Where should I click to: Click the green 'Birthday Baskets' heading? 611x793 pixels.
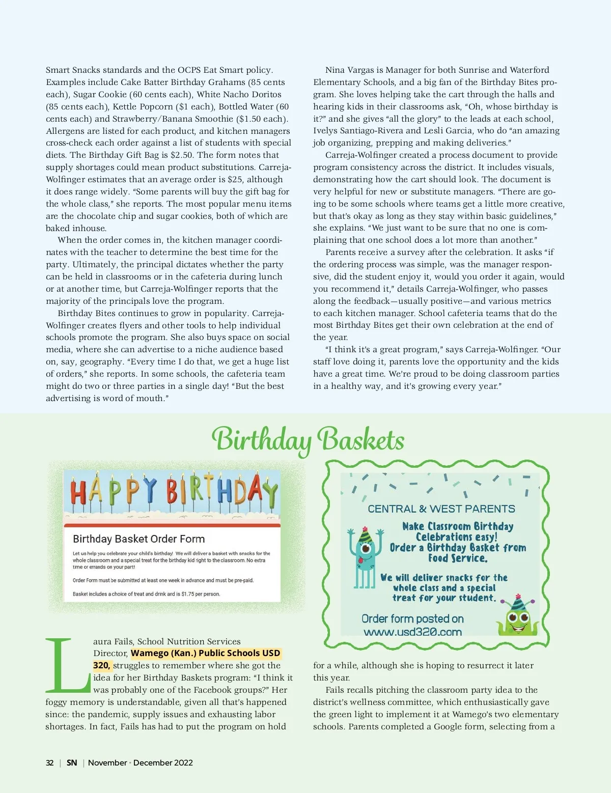click(308, 440)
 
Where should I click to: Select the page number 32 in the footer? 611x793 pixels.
click(49, 762)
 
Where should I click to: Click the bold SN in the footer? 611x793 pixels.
click(72, 762)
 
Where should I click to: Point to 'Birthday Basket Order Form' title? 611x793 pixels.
click(138, 539)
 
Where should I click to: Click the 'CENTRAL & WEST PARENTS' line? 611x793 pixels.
click(441, 508)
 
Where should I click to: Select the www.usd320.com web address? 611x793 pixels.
click(412, 632)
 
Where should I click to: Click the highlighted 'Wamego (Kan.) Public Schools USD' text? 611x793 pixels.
click(205, 653)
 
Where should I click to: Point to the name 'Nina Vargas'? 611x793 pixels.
click(349, 70)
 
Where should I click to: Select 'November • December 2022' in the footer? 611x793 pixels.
click(141, 762)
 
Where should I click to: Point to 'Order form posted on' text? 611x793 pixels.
click(412, 618)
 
